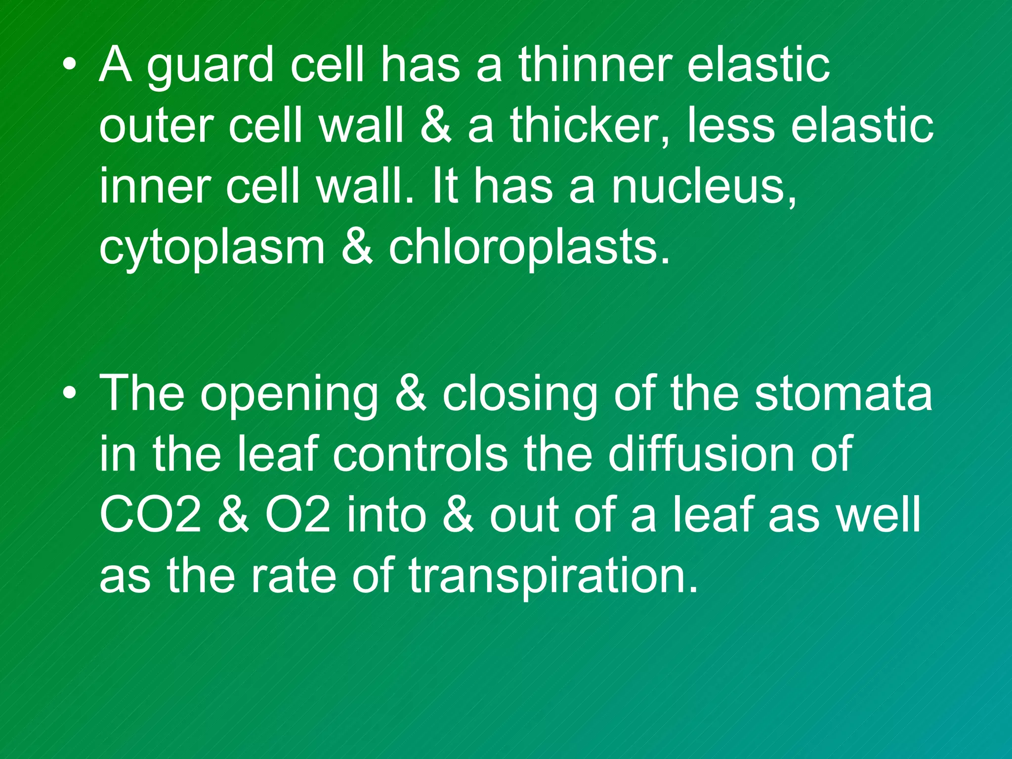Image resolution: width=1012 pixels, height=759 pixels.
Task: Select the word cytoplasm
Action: click(x=212, y=249)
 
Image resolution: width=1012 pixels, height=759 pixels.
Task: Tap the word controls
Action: click(x=420, y=454)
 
